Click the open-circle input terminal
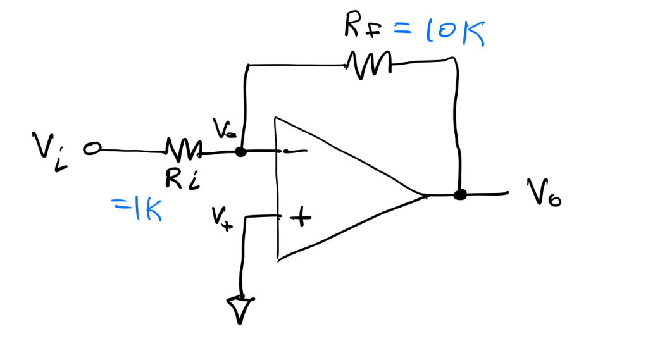pyautogui.click(x=92, y=149)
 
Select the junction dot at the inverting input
pyautogui.click(x=240, y=152)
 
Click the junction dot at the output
pyautogui.click(x=460, y=195)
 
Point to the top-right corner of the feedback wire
pyautogui.click(x=455, y=60)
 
